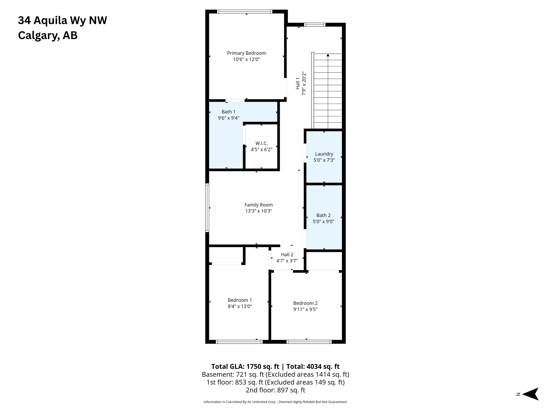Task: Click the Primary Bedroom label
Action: (x=246, y=53)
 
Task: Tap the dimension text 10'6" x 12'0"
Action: (x=246, y=59)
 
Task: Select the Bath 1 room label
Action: (x=228, y=112)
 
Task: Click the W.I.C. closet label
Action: (x=262, y=143)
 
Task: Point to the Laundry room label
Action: (x=324, y=154)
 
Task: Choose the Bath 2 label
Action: (x=323, y=215)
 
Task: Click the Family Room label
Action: (x=259, y=205)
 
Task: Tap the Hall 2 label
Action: (x=287, y=255)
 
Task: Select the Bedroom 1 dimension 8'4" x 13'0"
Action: (x=240, y=306)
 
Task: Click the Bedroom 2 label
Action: (x=305, y=303)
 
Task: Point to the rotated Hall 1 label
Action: (x=298, y=83)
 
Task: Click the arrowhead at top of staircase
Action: (x=328, y=55)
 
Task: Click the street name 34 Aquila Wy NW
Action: (x=62, y=20)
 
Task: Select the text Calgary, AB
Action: (x=48, y=35)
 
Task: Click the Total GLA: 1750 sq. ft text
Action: (x=245, y=366)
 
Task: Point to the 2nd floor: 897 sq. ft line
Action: (x=275, y=390)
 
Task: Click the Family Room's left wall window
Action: (x=207, y=208)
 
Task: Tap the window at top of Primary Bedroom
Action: (x=245, y=12)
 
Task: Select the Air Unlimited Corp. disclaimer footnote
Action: (x=275, y=402)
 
